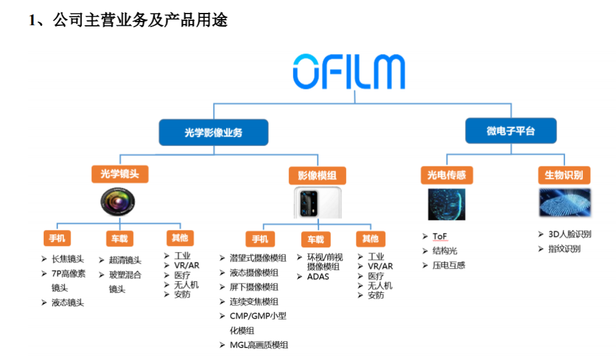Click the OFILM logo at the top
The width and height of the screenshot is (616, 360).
tap(349, 72)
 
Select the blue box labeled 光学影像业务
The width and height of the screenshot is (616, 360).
tap(213, 133)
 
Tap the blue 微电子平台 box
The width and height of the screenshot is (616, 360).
tap(511, 131)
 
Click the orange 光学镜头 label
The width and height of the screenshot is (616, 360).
tap(120, 174)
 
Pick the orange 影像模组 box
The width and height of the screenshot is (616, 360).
tap(317, 176)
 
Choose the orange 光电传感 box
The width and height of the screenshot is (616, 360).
tap(447, 175)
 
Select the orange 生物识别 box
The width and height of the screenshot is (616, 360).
tap(564, 175)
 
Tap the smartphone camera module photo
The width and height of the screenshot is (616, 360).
tap(318, 203)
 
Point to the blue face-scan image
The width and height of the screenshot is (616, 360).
tap(447, 205)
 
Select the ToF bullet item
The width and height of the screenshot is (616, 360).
tap(440, 236)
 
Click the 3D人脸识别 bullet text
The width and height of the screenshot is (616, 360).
tap(570, 234)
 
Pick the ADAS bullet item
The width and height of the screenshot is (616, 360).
tap(318, 277)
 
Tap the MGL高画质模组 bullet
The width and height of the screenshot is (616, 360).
tap(259, 345)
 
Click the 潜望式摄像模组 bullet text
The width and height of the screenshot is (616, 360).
tap(258, 258)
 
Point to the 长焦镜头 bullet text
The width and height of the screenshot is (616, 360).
tap(68, 259)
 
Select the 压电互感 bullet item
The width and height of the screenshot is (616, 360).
tap(448, 265)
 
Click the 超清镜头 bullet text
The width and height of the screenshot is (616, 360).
tap(125, 260)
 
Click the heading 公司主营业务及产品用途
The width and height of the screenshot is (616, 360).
tap(140, 20)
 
